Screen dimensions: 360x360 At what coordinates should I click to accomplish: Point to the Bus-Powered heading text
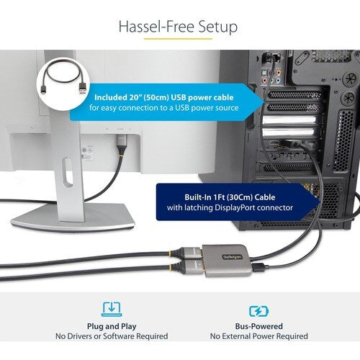coord(258,326)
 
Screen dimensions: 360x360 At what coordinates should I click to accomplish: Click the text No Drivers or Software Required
coord(112,336)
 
